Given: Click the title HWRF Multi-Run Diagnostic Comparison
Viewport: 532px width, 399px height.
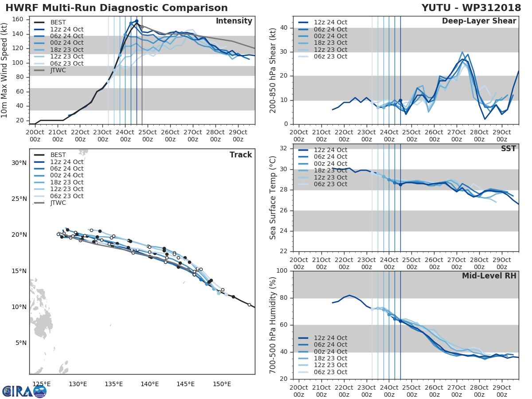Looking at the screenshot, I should click(117, 8).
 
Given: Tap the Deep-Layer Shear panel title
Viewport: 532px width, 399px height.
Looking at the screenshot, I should click(479, 21).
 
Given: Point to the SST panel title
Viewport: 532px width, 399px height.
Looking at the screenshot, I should click(509, 149).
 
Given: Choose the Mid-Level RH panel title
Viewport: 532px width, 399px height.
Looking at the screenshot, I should click(489, 276).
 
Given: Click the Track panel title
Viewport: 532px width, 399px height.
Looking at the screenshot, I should click(241, 155).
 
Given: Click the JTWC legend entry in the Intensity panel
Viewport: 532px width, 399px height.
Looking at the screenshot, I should click(58, 70).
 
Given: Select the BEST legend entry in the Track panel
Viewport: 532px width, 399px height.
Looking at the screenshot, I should click(58, 155).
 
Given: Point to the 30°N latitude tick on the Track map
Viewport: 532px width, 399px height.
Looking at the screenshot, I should click(19, 163).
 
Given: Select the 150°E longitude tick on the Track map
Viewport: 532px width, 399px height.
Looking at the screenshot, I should click(221, 383).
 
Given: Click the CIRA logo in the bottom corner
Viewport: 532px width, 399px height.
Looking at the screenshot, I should click(24, 391).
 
